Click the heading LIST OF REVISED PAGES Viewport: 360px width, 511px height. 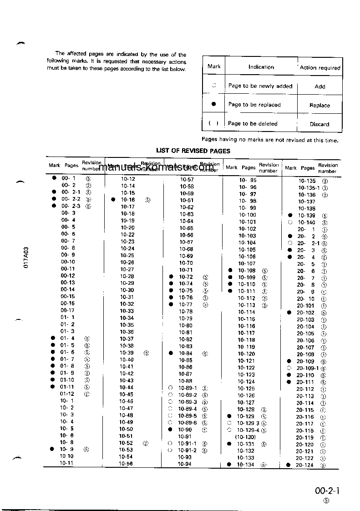tap(193, 151)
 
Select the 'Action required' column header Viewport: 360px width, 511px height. tap(320, 67)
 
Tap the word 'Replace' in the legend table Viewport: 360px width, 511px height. tap(319, 105)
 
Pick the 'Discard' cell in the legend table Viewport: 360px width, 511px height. tap(319, 124)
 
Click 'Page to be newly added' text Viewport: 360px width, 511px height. tap(260, 86)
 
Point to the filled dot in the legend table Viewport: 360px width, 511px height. tap(213, 104)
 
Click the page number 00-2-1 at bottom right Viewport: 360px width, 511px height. tap(328, 491)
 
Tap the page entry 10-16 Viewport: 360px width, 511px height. tap(127, 200)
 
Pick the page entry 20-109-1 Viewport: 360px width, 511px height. tap(308, 368)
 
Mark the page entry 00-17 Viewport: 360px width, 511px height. tap(68, 310)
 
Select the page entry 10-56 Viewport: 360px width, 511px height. tap(126, 464)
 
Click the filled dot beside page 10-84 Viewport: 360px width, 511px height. tap(171, 353)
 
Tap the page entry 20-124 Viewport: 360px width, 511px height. tap(305, 465)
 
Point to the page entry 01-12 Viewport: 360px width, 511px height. tap(67, 394)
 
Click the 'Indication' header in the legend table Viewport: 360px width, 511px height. tap(261, 67)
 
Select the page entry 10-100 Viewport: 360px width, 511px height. tap(248, 215)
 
